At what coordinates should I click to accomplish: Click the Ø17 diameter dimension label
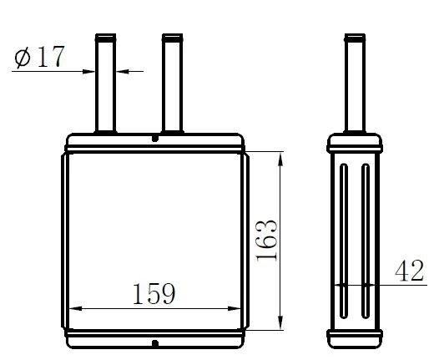[39, 57]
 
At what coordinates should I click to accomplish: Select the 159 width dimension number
[154, 294]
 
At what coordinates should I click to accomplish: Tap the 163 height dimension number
[267, 241]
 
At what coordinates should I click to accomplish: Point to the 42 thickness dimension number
[409, 271]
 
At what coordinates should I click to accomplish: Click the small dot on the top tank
[155, 139]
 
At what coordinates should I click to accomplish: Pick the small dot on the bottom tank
[155, 343]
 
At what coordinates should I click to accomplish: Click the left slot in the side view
[344, 241]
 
